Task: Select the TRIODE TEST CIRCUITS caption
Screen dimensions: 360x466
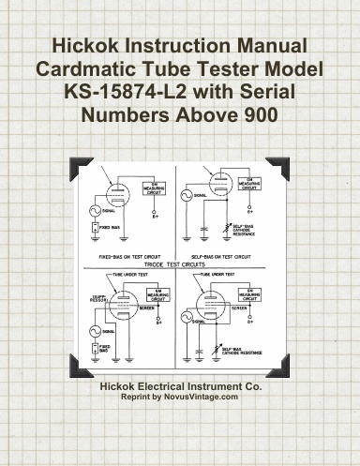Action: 179,265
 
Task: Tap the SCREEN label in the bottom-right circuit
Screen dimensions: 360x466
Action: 240,307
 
